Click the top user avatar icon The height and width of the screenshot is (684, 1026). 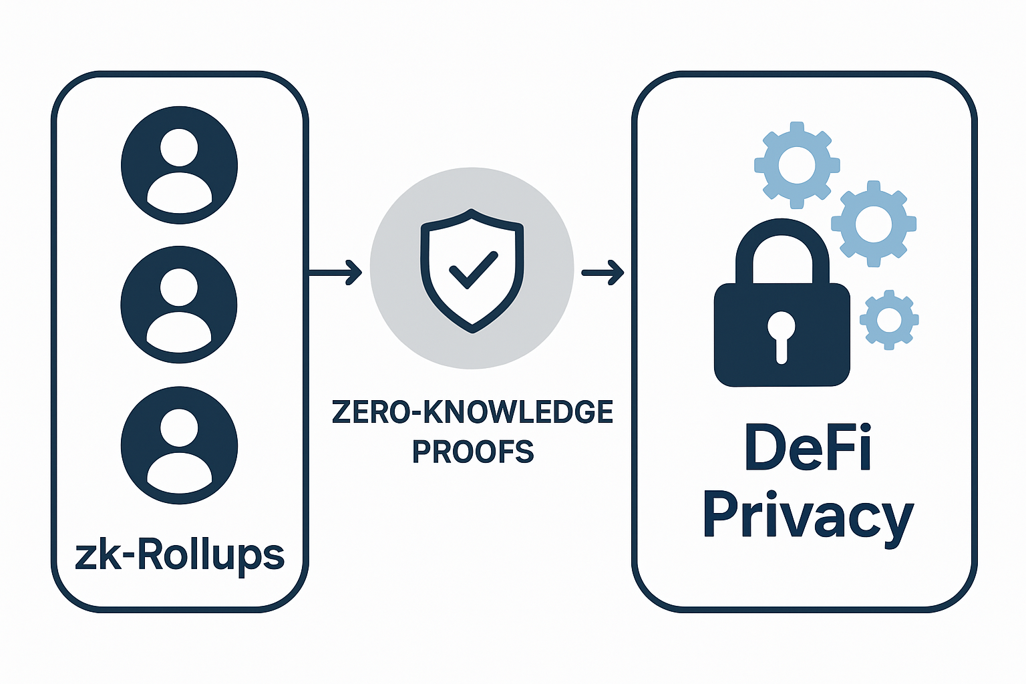coord(179,165)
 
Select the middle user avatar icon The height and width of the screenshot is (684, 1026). coord(179,305)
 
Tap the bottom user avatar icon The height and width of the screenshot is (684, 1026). coord(179,446)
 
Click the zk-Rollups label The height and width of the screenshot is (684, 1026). coord(180,556)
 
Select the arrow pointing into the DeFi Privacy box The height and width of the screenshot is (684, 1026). coord(603,272)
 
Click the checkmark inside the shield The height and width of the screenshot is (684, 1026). coord(474,270)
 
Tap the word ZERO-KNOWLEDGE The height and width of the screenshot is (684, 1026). coord(472,412)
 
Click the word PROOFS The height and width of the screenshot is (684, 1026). coord(473,452)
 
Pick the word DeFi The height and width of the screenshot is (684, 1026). coord(808,448)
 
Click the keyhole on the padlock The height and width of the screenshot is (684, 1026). coord(781,334)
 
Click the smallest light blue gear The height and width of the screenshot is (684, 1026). coord(889,320)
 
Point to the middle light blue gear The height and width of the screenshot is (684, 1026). coord(873,224)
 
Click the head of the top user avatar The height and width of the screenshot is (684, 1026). coord(179,148)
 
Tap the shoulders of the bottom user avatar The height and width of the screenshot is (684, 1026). coord(179,471)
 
